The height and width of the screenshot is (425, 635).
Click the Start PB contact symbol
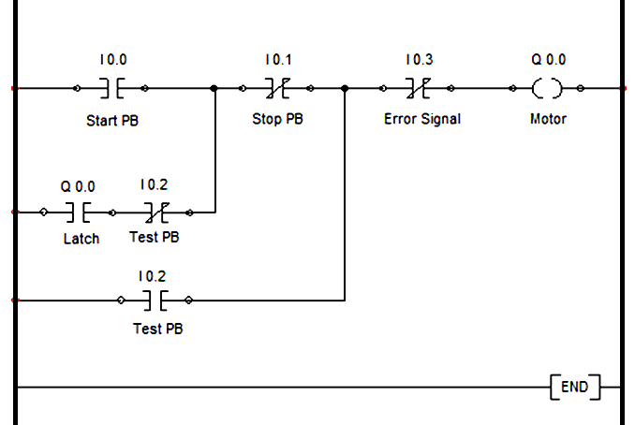(x=111, y=89)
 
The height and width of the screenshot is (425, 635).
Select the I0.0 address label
(x=111, y=60)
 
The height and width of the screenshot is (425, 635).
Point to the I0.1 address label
(x=277, y=60)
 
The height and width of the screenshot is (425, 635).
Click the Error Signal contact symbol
(x=418, y=89)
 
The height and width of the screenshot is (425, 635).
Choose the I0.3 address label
(x=419, y=60)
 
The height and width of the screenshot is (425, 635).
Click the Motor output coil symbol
(x=547, y=89)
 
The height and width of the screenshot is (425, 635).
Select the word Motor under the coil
(x=548, y=119)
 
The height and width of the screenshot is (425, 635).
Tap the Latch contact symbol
(x=78, y=212)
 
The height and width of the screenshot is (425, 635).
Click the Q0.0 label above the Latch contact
(x=78, y=186)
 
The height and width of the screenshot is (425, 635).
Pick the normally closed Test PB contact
(x=155, y=212)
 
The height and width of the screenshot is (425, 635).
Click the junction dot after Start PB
(x=214, y=89)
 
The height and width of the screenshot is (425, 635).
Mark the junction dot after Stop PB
(x=345, y=89)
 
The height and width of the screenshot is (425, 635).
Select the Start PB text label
(x=111, y=120)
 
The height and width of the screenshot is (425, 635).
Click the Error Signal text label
(x=421, y=120)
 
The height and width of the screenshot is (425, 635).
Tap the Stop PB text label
(x=277, y=120)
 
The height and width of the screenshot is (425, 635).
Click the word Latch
(x=81, y=238)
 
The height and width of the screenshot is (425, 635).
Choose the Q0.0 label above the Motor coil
(x=548, y=60)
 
